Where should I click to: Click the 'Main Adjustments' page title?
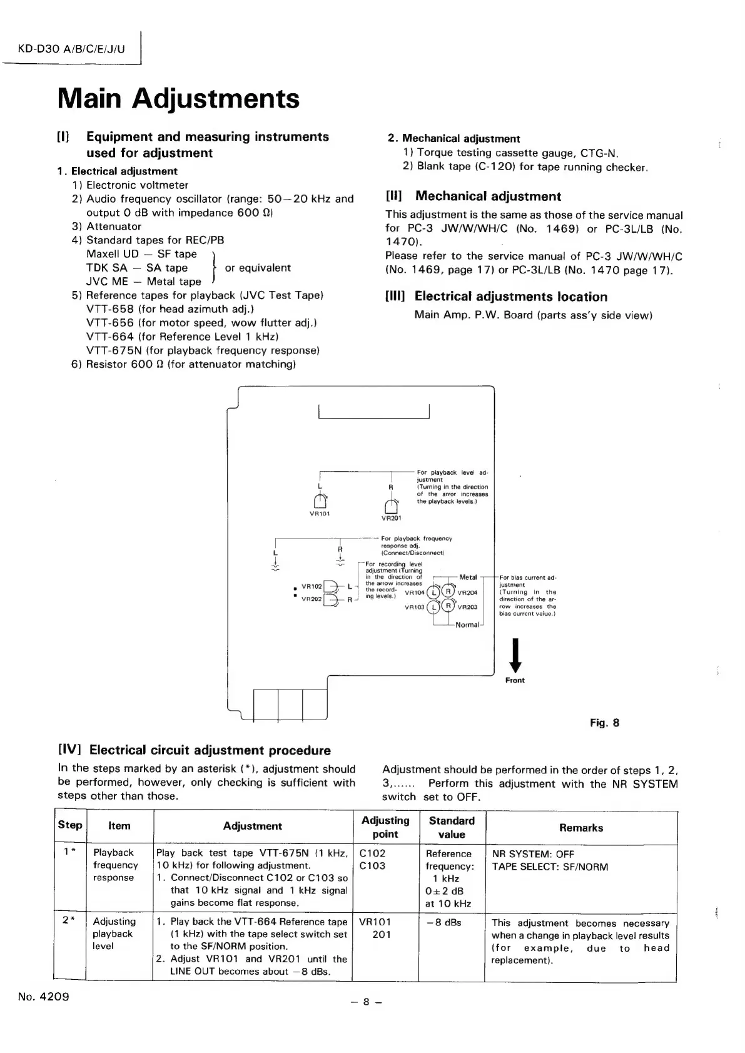click(x=178, y=99)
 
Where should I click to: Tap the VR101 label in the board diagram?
click(x=320, y=514)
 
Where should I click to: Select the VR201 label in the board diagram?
click(x=391, y=518)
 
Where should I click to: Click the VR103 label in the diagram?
click(x=415, y=606)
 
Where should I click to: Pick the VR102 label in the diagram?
click(x=311, y=586)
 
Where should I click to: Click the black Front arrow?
click(x=515, y=656)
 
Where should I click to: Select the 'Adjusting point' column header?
click(x=385, y=827)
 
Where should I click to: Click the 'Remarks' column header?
click(x=581, y=828)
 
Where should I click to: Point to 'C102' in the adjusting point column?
click(x=372, y=853)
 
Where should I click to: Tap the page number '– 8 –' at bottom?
click(x=367, y=1002)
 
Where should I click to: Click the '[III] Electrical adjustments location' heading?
click(x=496, y=297)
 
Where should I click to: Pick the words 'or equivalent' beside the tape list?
click(x=258, y=268)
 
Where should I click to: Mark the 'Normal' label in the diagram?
click(x=467, y=624)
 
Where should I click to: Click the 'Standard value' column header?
click(x=452, y=827)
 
